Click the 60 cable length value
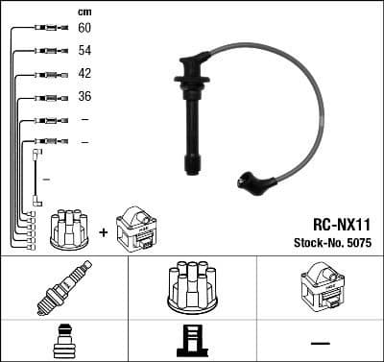click(x=84, y=29)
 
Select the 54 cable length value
click(x=84, y=51)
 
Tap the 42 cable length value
click(x=84, y=74)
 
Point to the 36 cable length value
click(x=84, y=97)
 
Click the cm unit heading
click(x=84, y=12)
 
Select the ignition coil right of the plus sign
click(x=135, y=229)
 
